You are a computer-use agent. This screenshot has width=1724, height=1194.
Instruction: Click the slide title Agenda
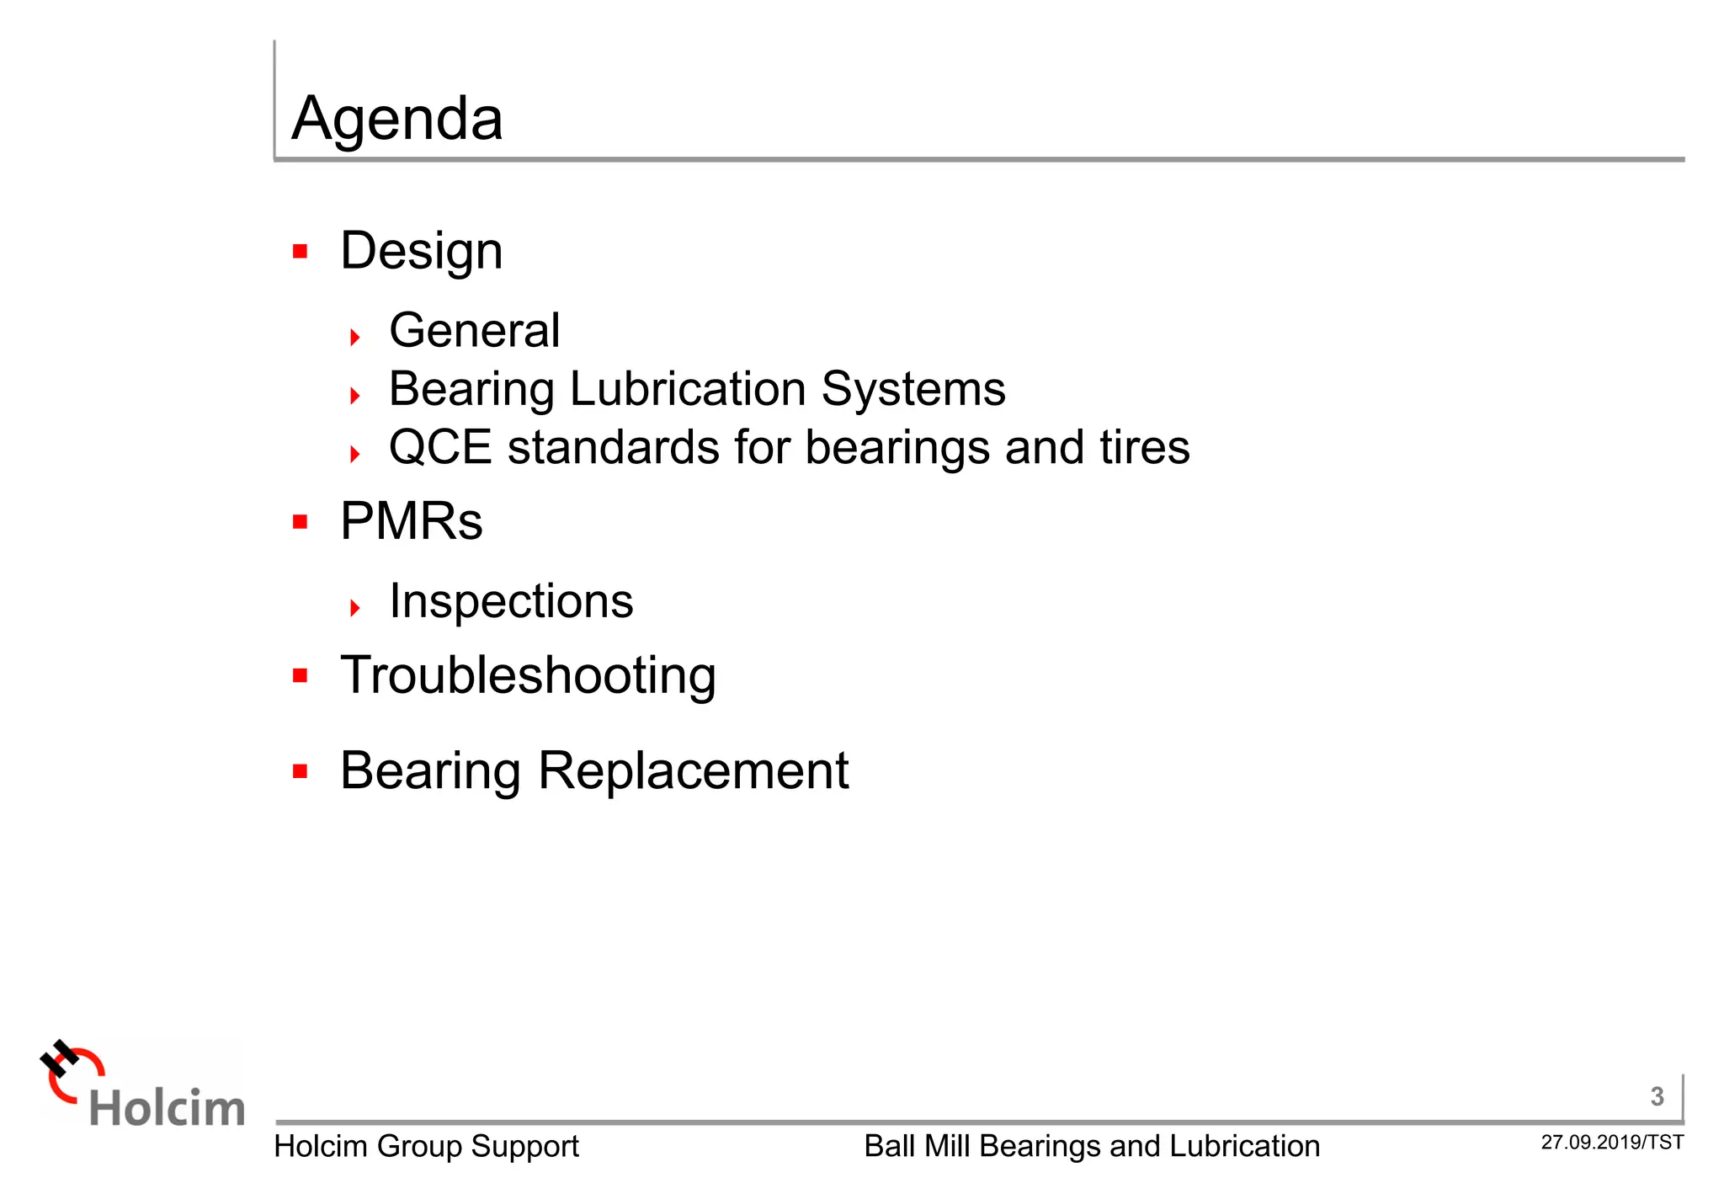coord(396,119)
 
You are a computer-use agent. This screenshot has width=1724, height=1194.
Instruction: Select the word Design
coord(421,252)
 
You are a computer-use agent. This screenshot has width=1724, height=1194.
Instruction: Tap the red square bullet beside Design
coord(301,251)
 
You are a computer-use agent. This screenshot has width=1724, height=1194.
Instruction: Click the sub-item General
coord(474,330)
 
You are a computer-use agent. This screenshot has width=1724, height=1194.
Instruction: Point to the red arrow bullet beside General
coord(355,338)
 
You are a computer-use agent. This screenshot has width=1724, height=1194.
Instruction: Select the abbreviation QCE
coord(439,447)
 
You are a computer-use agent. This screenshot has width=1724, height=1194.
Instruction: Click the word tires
coord(1145,447)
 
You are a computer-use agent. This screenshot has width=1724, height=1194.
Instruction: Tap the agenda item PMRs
coord(411,521)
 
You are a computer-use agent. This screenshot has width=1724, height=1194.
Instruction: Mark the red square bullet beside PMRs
coord(301,522)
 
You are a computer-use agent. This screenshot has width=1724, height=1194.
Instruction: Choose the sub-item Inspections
coord(511,601)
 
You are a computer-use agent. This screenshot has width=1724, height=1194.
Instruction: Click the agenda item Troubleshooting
coord(528,676)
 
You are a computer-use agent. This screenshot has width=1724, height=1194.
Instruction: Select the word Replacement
coord(694,770)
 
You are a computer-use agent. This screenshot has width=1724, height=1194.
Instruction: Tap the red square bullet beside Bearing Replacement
coord(301,770)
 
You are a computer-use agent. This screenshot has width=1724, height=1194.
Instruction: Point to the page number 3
coord(1657,1096)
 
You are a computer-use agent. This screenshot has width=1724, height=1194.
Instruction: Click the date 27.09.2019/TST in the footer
coord(1612,1143)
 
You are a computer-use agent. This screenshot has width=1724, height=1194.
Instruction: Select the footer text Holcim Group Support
coord(426,1147)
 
